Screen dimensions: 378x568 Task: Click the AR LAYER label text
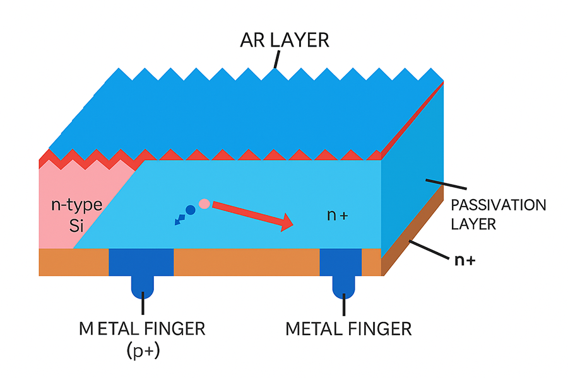(x=284, y=41)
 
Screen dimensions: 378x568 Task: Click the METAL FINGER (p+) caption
(x=142, y=338)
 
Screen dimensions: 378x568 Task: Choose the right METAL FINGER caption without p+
(x=348, y=329)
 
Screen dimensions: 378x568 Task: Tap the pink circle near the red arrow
(x=204, y=203)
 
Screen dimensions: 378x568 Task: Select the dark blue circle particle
(x=191, y=210)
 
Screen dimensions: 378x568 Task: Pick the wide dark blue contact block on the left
(x=141, y=262)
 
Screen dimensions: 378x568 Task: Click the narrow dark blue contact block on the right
(x=341, y=262)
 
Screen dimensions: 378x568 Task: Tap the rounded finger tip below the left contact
(x=143, y=287)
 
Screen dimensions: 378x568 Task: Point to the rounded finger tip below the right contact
(x=345, y=287)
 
